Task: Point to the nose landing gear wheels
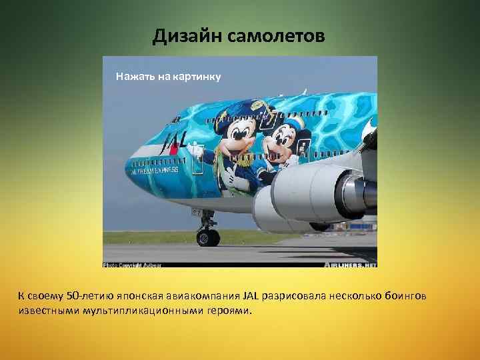[x=208, y=236]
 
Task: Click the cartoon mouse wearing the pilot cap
[x=236, y=140]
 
